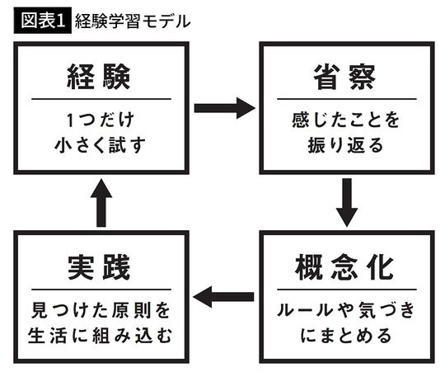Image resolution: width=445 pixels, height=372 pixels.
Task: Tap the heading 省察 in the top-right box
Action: click(x=345, y=78)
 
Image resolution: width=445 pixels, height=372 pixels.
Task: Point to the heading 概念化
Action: click(x=345, y=269)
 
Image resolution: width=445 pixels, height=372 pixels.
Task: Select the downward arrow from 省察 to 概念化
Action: click(x=347, y=203)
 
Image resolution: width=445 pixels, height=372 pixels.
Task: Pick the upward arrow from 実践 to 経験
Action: click(x=100, y=203)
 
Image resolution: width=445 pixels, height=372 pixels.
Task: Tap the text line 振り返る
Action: click(x=345, y=148)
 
